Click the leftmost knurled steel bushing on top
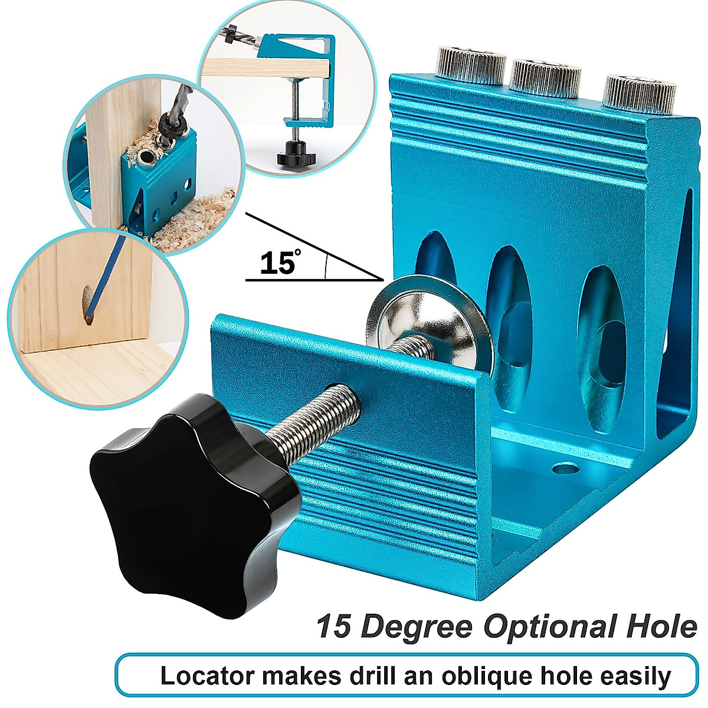pyautogui.click(x=471, y=65)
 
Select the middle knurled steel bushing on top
pyautogui.click(x=545, y=77)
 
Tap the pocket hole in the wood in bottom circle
pyautogui.click(x=87, y=303)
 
